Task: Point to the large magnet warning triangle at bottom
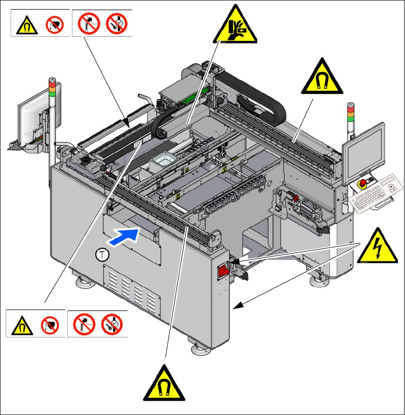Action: pyautogui.click(x=165, y=384)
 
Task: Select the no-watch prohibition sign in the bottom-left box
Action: pyautogui.click(x=112, y=325)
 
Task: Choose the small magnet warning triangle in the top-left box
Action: pyautogui.click(x=24, y=25)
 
